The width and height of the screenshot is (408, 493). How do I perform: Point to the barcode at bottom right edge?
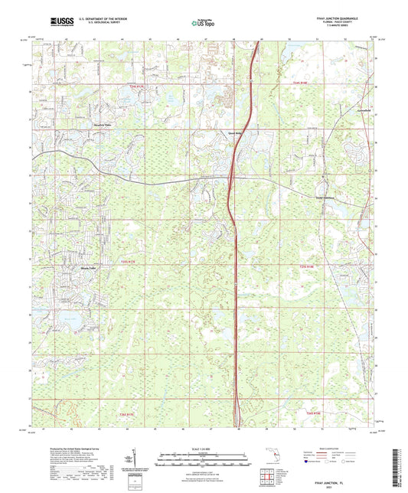(399, 467)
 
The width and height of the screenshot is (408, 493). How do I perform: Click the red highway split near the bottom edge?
(238, 406)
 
